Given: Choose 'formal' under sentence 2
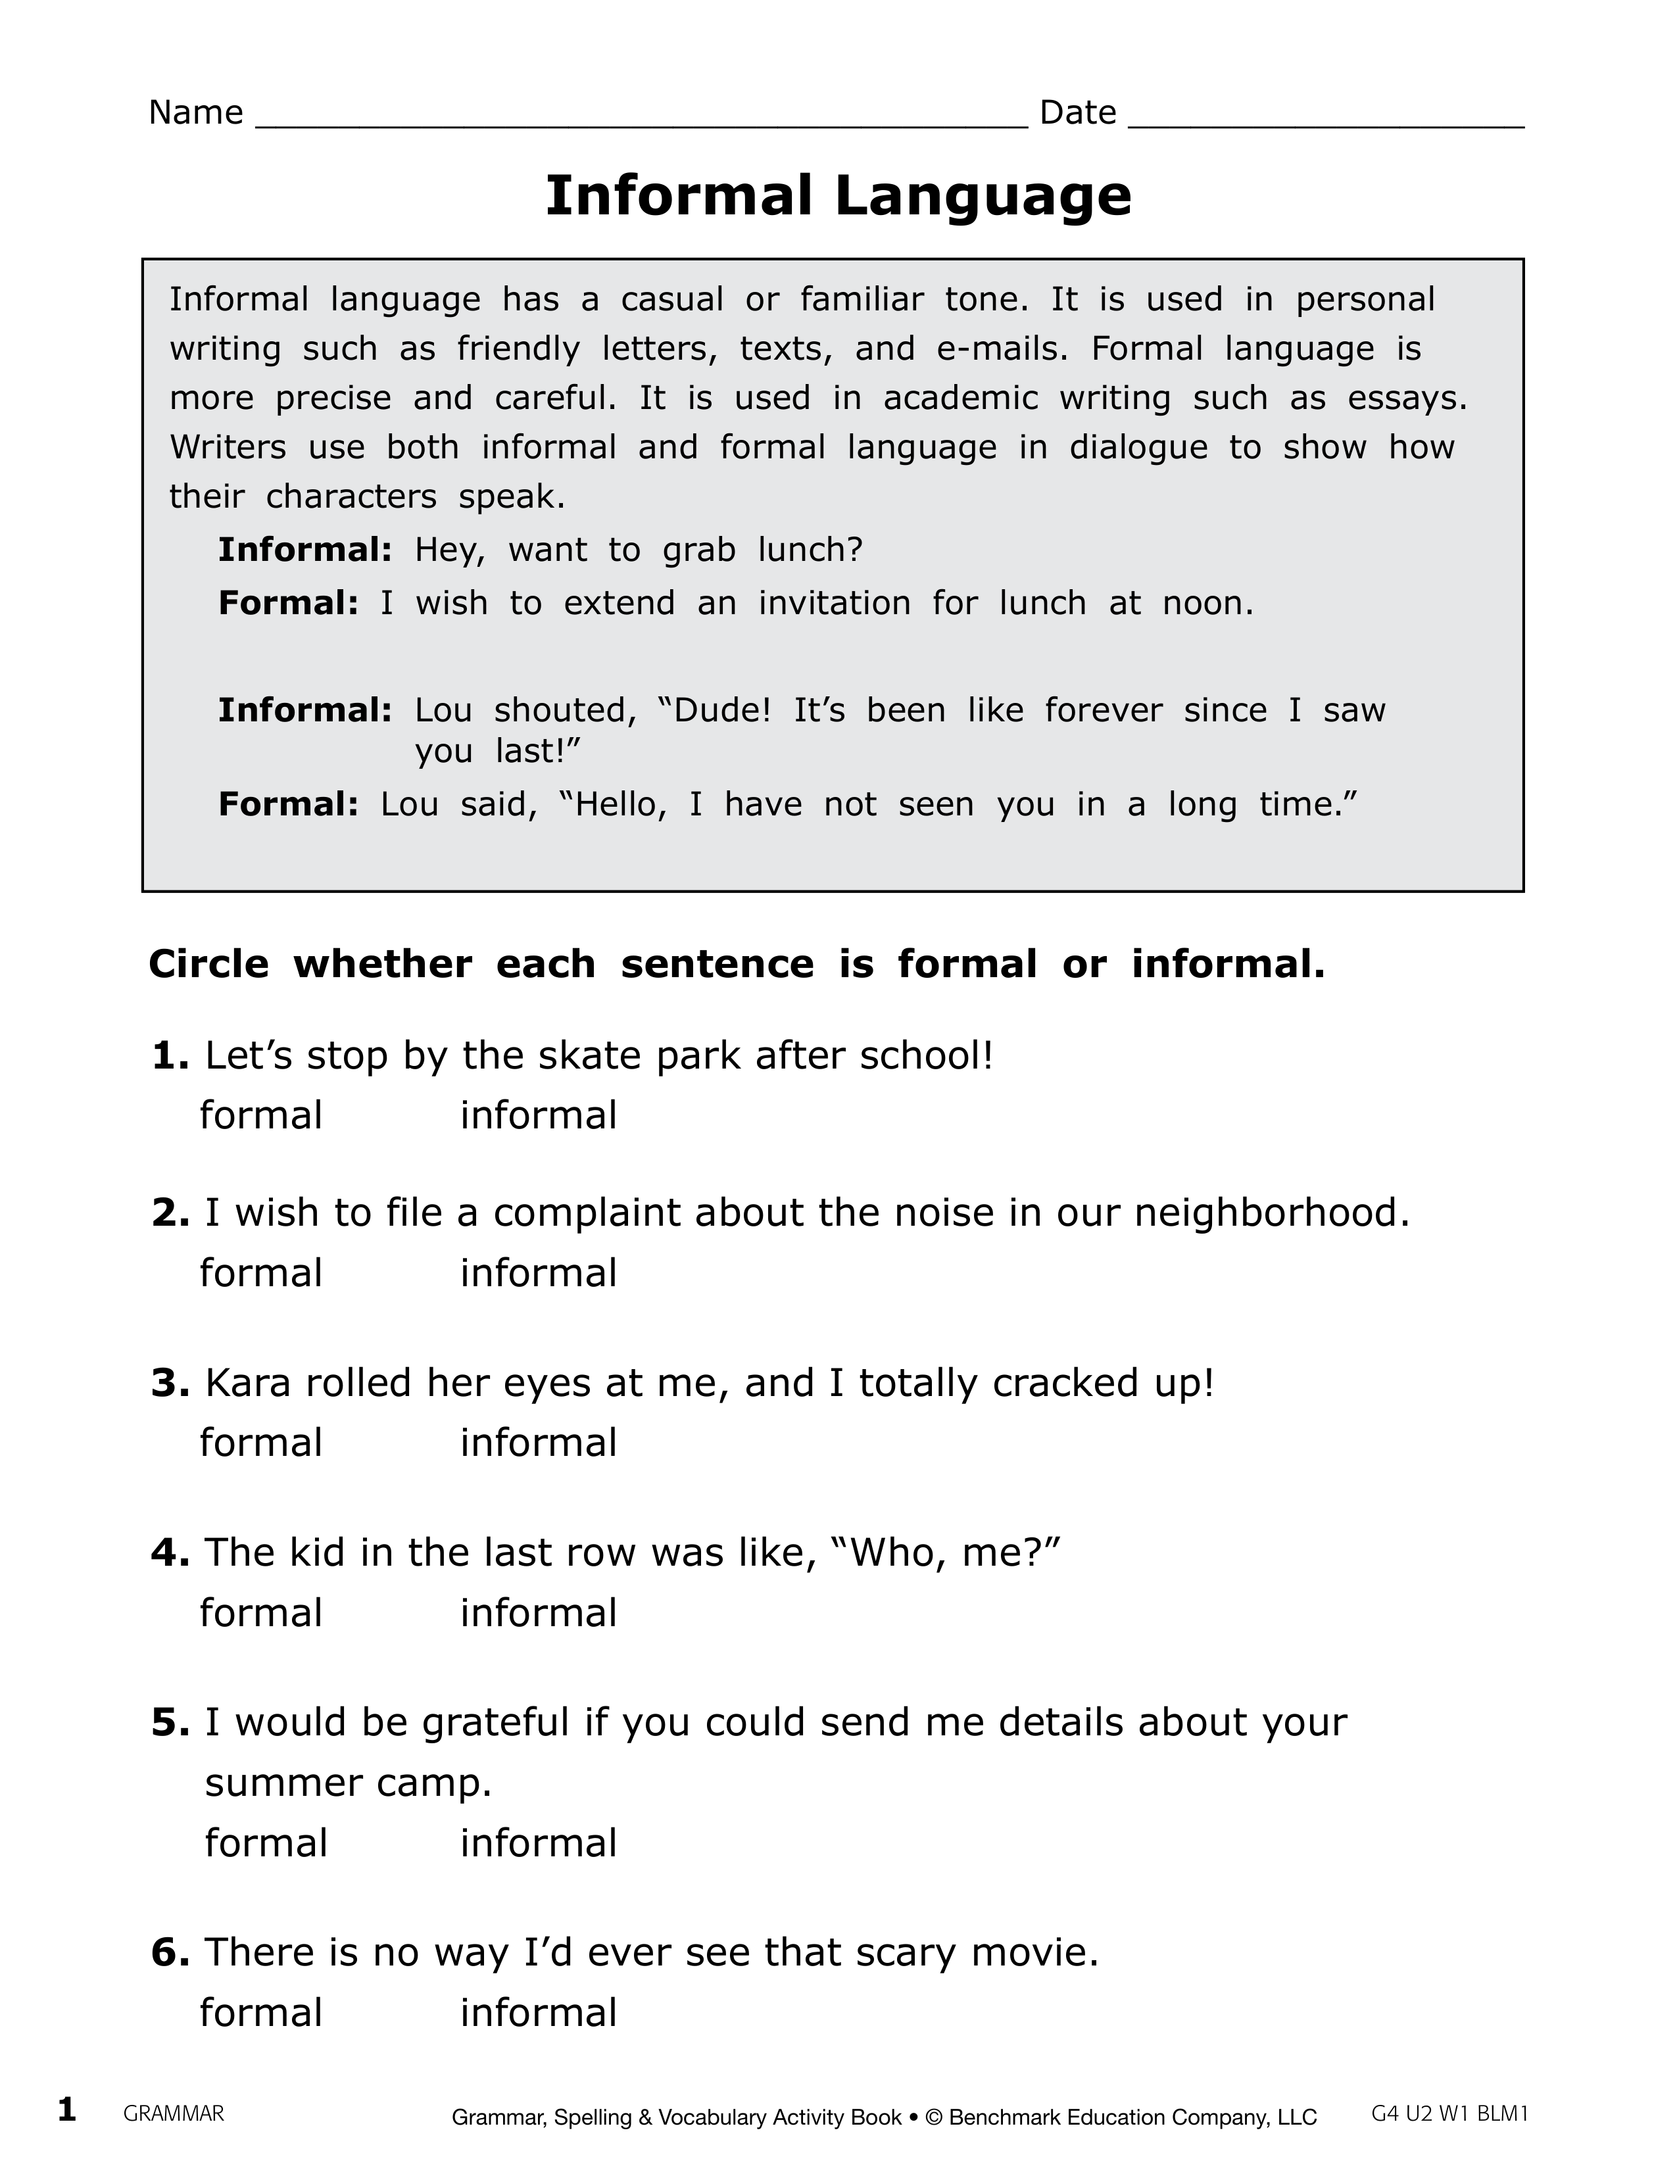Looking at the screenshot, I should [261, 1273].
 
